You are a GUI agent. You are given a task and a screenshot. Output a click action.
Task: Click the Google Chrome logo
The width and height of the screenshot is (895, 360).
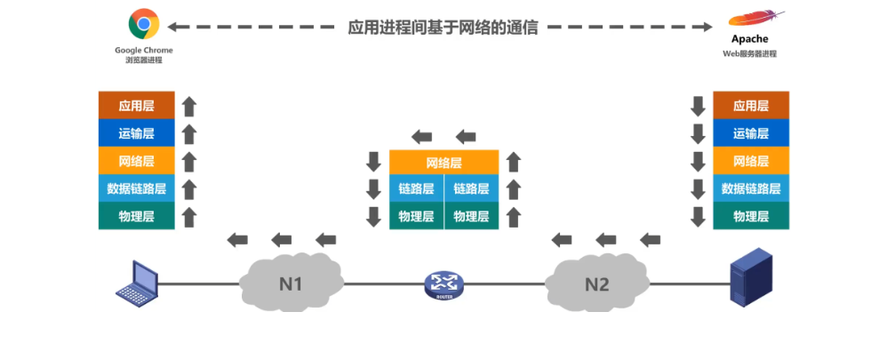point(143,24)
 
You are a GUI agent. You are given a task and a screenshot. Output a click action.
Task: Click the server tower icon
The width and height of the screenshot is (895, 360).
point(750,280)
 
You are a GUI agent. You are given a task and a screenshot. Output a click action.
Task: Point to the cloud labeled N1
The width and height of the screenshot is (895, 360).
point(292,283)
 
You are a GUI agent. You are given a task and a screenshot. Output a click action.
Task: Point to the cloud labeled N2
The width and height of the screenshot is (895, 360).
point(596,283)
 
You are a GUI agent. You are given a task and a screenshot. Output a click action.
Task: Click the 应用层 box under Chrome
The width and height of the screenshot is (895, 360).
point(136,106)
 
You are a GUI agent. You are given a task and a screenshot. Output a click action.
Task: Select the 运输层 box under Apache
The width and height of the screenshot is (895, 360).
point(751,133)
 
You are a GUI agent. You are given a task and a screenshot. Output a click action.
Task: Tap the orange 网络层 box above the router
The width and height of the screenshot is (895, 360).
point(444,163)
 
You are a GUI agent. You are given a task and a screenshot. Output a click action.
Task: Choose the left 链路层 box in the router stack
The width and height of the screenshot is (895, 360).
point(416,188)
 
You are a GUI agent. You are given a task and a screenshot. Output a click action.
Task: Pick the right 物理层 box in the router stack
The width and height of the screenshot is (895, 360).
point(471,216)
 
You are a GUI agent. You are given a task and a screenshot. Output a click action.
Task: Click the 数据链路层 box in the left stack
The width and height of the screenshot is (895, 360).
point(136,188)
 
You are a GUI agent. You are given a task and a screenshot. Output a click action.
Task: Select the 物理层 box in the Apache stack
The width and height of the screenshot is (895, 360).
point(751,216)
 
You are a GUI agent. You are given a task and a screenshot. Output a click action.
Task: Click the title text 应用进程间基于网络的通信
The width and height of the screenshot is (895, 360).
point(443,27)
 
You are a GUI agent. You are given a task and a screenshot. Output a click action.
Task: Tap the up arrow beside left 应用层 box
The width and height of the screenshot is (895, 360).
point(188,107)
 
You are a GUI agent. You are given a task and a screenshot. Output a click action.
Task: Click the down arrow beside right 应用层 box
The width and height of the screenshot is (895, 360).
point(698,106)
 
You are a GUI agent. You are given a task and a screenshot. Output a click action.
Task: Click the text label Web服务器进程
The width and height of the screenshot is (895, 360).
point(749,54)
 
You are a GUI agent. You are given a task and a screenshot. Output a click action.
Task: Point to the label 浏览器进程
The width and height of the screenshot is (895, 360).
point(143,60)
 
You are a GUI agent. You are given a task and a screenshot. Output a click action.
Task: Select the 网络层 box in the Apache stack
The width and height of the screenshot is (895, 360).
point(751,161)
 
